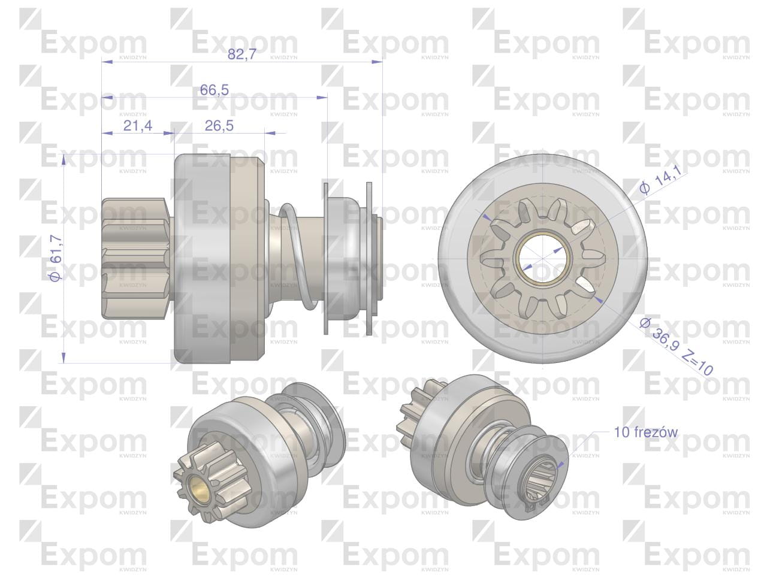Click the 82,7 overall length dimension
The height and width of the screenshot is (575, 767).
(242, 54)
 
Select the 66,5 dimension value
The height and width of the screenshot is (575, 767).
(214, 90)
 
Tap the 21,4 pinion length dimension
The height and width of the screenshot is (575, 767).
(138, 126)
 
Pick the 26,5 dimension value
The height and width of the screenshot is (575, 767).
(219, 126)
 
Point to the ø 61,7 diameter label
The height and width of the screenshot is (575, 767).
(56, 259)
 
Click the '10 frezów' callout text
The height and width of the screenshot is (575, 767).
(646, 432)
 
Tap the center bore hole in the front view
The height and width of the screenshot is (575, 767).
(543, 259)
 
